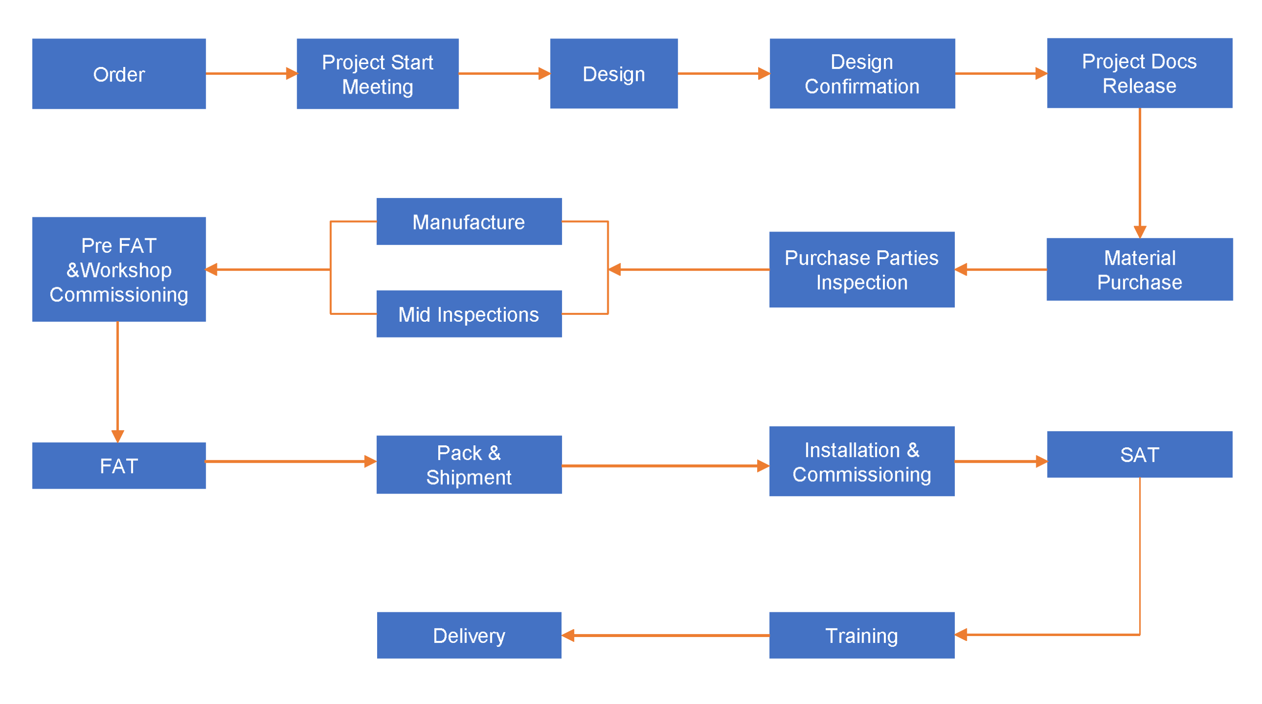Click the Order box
point(119,73)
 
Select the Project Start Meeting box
point(377,73)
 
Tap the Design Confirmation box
point(862,73)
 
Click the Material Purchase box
point(1139,269)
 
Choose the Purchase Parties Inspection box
point(861,269)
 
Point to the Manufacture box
point(468,221)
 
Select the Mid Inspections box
point(468,313)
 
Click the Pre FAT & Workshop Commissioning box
point(119,269)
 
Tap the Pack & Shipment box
point(468,464)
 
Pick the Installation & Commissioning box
point(861,461)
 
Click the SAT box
point(1139,454)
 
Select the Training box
point(861,635)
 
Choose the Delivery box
point(468,635)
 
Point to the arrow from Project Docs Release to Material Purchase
point(1139,172)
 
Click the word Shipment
point(468,477)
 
